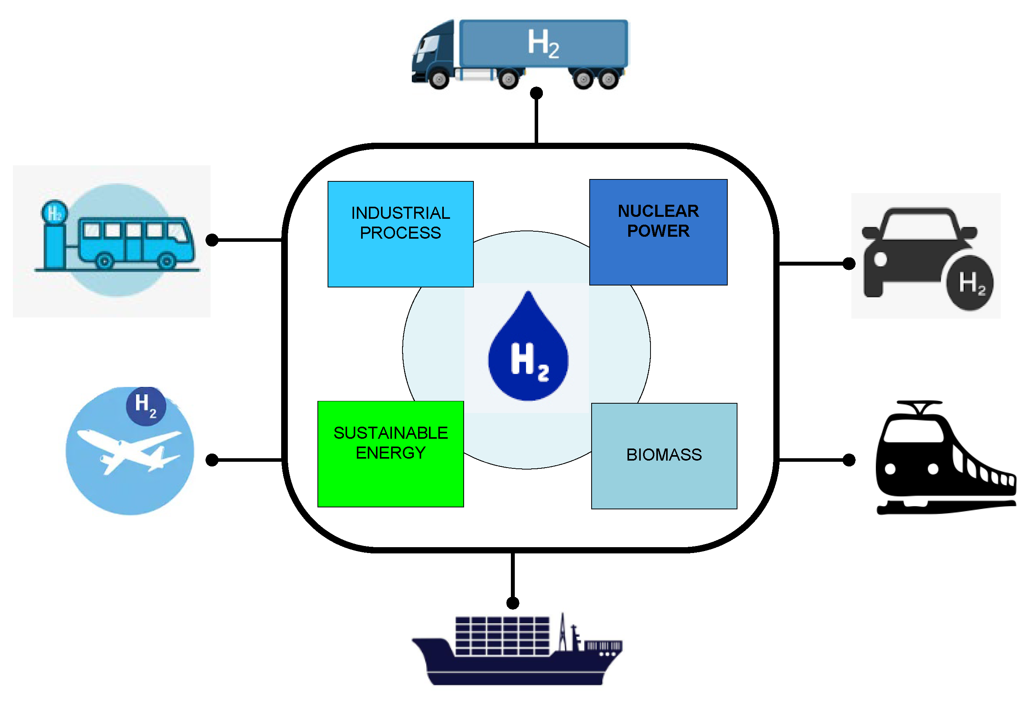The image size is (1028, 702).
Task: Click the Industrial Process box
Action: [x=400, y=234]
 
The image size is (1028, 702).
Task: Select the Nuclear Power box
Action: [x=658, y=232]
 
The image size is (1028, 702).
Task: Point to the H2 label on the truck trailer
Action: [x=543, y=43]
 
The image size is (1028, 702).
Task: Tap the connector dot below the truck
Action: [x=536, y=93]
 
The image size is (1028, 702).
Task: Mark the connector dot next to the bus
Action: [x=212, y=240]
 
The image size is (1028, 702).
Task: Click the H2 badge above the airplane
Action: [x=145, y=406]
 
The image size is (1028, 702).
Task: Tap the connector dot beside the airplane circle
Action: [x=212, y=460]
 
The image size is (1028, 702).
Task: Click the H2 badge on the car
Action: [x=970, y=283]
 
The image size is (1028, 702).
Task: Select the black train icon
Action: [x=942, y=460]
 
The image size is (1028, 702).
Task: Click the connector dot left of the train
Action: [x=848, y=460]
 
